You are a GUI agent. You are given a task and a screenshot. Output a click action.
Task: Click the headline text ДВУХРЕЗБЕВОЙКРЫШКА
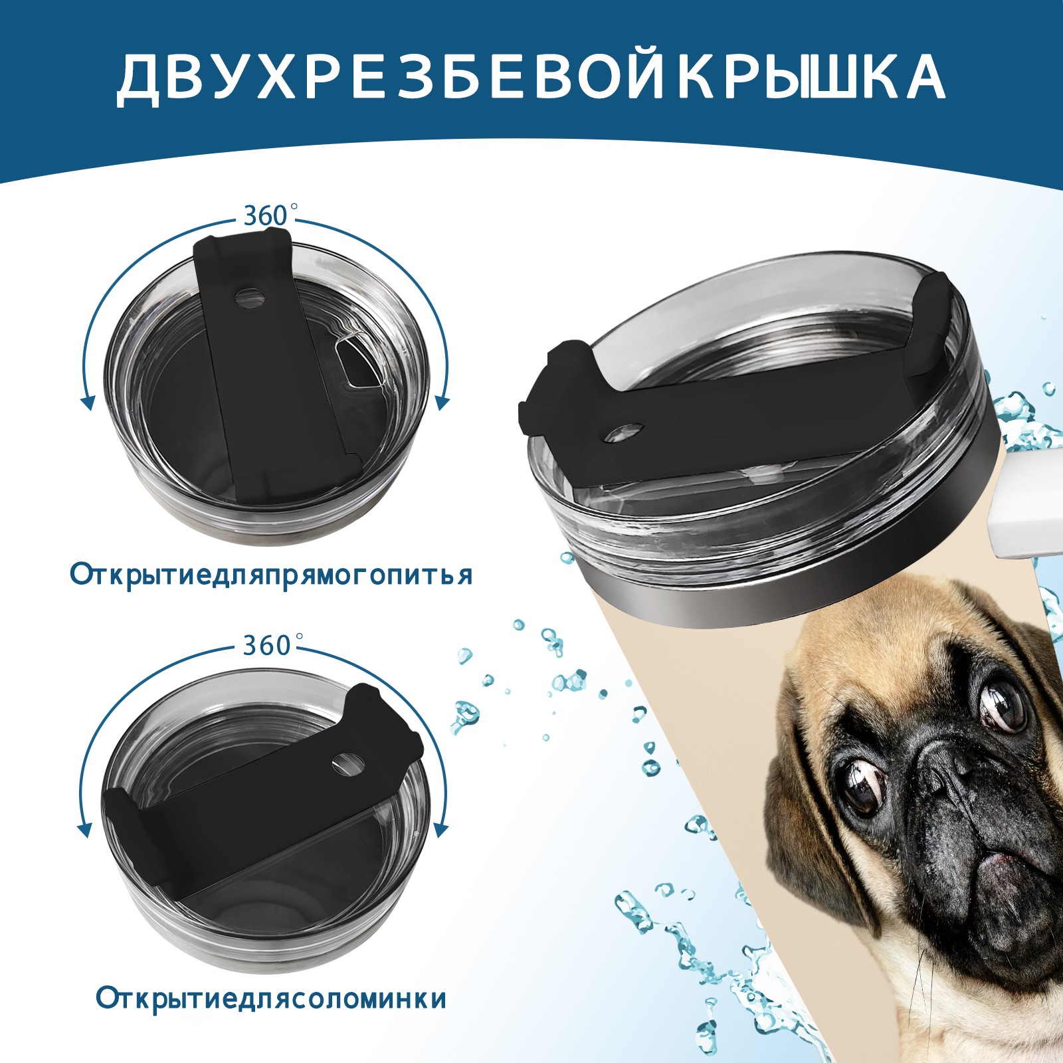click(x=531, y=78)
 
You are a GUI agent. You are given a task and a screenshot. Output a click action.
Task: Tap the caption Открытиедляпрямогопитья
click(x=271, y=575)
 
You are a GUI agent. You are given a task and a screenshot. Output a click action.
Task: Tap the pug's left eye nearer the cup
click(x=860, y=784)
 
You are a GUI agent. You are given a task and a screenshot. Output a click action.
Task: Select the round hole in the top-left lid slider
click(x=250, y=298)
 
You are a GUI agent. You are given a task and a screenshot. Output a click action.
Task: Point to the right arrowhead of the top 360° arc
click(x=443, y=402)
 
